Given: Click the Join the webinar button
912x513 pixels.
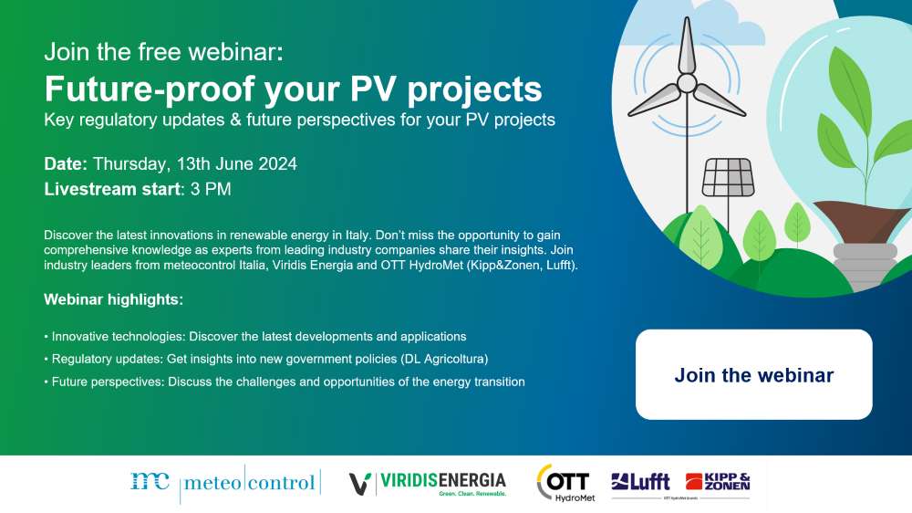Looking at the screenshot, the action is click(x=754, y=374).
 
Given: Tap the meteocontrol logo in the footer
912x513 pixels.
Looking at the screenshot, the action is click(x=225, y=483).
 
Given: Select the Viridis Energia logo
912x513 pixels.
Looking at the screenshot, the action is click(x=428, y=483).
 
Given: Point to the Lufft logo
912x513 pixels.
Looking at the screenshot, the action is click(x=640, y=482).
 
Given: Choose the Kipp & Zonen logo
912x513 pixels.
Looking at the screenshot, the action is click(x=718, y=482).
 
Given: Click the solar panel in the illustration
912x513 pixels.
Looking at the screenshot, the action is click(x=728, y=178).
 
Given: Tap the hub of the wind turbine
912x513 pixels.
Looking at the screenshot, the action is click(x=687, y=83).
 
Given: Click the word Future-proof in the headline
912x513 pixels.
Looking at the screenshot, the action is click(x=150, y=89).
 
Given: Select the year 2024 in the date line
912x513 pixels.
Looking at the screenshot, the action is click(x=277, y=163).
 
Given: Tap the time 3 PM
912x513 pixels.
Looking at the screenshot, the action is click(x=211, y=189).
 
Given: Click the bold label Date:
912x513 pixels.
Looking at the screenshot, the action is click(x=66, y=163).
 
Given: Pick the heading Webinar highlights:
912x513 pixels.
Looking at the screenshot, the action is click(x=113, y=299).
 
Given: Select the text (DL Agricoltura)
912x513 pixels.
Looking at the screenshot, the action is click(x=444, y=360).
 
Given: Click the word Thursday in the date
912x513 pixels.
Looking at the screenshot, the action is click(x=131, y=164).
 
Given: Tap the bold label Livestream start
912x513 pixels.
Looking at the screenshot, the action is click(x=112, y=189).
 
